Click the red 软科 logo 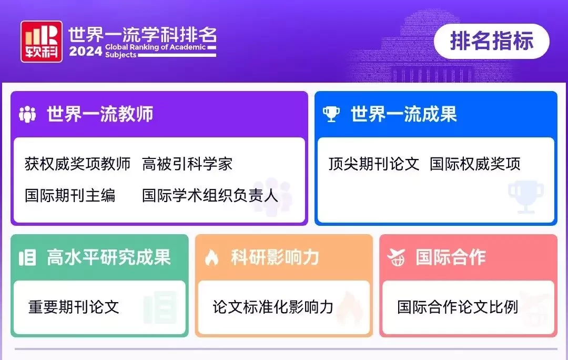[x=42, y=42]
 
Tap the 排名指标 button [x=492, y=41]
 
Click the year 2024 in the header [x=86, y=52]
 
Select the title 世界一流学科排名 [x=143, y=35]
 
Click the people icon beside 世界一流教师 [x=27, y=114]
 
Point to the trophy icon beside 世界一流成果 [x=331, y=114]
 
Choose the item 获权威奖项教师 [x=77, y=164]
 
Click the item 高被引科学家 [x=187, y=164]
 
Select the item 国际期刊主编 [x=70, y=195]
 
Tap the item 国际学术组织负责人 [x=210, y=195]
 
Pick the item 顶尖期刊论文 [x=374, y=164]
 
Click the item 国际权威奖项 [x=475, y=164]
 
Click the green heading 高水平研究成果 [x=109, y=257]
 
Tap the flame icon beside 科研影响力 [x=211, y=258]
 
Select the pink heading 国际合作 [x=451, y=257]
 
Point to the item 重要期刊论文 [x=74, y=307]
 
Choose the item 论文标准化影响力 [x=273, y=307]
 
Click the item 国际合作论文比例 [x=458, y=307]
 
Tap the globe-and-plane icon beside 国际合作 [x=396, y=258]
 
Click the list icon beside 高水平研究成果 [x=27, y=258]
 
